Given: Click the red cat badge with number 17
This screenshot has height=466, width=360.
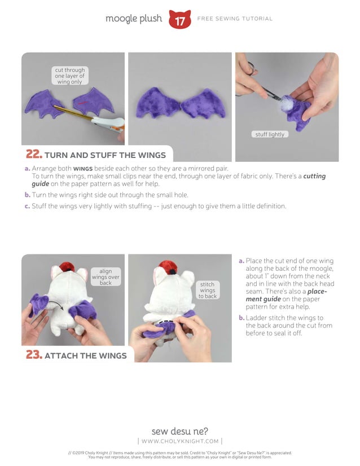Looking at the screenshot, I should point(179,20).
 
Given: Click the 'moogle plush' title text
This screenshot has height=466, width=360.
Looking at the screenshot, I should point(134,19).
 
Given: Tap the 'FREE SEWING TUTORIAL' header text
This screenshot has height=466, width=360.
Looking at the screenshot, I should point(235,19).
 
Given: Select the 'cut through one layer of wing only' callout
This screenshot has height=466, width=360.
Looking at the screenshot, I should point(69,76).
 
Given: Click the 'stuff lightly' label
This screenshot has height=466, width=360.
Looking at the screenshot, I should point(270,134).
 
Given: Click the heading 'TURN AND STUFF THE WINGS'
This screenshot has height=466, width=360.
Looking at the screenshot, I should point(105,155).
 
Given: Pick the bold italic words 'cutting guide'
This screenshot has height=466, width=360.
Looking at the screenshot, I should point(314,176).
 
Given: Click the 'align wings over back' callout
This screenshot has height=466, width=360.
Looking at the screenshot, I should point(106,277).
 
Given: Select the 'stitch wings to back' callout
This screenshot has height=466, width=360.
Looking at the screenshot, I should point(207,290).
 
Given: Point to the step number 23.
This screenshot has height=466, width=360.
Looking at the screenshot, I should point(33,355).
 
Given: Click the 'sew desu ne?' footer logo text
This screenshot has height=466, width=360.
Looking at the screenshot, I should point(180,432).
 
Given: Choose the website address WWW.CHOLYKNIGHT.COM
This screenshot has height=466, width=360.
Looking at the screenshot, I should point(180,441).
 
